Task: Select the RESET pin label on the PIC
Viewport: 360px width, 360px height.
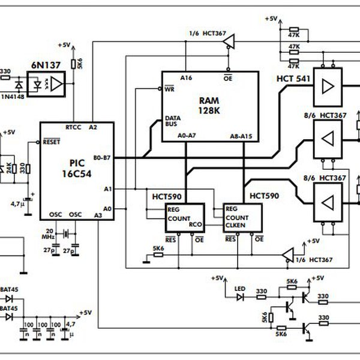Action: [51, 143]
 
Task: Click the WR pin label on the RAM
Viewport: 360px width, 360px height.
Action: [169, 88]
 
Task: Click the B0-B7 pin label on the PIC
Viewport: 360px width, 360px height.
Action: [102, 158]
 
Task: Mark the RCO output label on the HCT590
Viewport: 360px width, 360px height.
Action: [194, 226]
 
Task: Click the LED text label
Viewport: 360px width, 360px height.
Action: [240, 287]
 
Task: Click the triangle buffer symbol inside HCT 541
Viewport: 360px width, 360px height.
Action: [328, 88]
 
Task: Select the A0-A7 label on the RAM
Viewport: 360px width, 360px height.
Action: [188, 136]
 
